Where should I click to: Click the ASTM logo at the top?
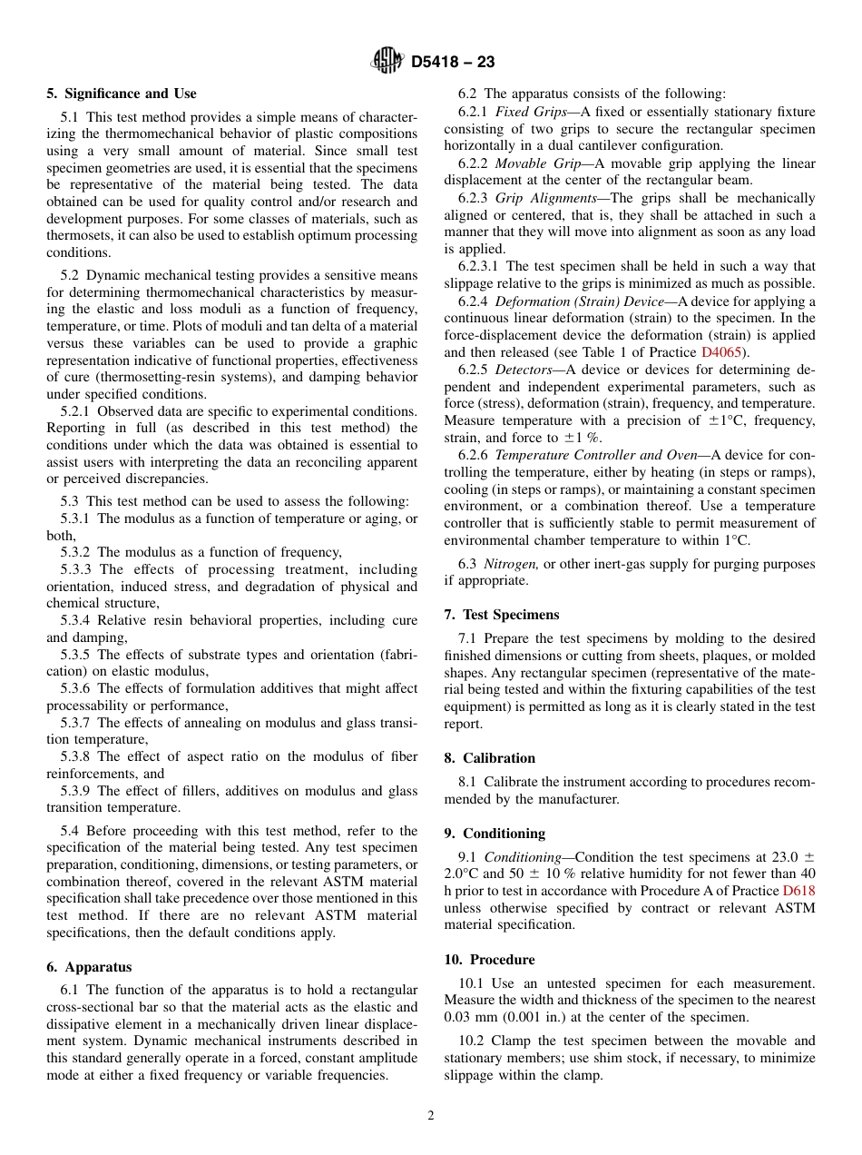[x=387, y=62]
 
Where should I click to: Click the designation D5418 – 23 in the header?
[x=453, y=63]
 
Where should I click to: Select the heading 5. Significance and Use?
[x=122, y=94]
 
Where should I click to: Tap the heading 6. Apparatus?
[x=89, y=967]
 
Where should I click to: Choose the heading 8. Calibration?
[x=490, y=757]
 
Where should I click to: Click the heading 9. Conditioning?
[x=495, y=833]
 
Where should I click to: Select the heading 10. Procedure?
[x=489, y=959]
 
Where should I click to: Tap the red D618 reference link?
[x=798, y=890]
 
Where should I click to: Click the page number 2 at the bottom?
[x=431, y=1116]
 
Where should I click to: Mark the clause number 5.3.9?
[x=76, y=791]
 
